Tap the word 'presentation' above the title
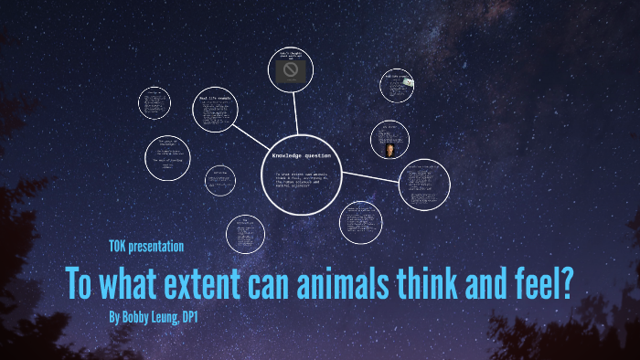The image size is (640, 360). (159, 246)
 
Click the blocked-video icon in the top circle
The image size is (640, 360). (291, 70)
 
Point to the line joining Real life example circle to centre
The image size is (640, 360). (251, 133)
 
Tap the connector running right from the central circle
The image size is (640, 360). (371, 176)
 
